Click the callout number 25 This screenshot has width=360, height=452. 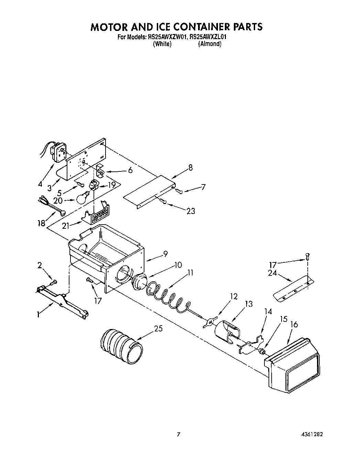tap(158, 329)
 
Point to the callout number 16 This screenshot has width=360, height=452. tap(294, 324)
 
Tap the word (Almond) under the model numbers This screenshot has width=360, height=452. tap(209, 44)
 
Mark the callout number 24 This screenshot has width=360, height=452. tap(272, 274)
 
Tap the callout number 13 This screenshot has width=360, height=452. tap(248, 304)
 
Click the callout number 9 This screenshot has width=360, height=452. tap(165, 254)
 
